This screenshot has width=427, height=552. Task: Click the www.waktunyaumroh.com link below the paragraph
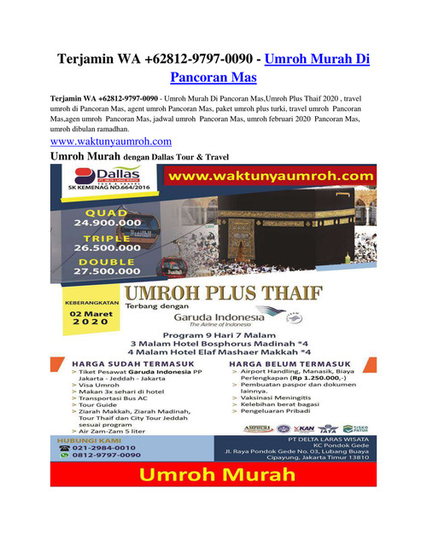pos(111,141)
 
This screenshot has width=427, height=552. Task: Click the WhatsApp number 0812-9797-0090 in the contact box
pos(105,456)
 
